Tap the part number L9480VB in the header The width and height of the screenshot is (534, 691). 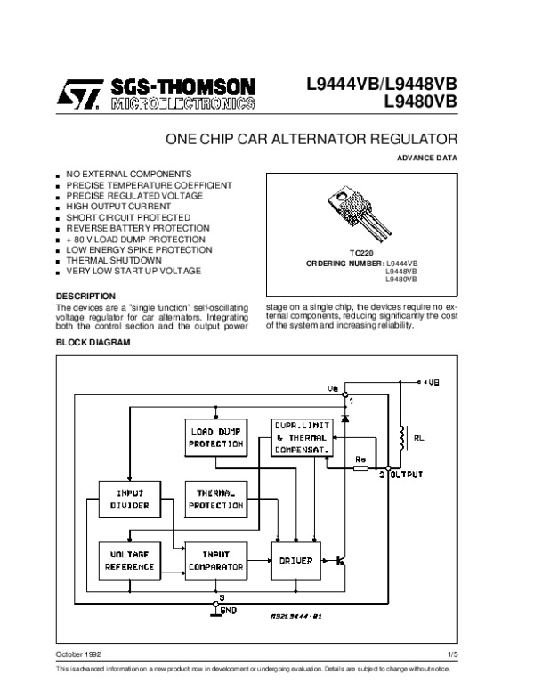(420, 101)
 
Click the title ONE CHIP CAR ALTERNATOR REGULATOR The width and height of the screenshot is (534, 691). (311, 140)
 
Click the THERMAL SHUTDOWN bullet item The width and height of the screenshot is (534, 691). (113, 260)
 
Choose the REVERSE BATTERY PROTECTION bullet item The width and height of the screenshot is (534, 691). (137, 229)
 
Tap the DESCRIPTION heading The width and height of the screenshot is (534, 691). (85, 296)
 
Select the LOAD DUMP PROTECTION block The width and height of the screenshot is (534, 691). (215, 437)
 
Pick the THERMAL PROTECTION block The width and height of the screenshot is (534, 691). (214, 499)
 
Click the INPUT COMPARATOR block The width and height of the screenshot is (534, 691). (214, 560)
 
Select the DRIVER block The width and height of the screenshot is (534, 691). (295, 560)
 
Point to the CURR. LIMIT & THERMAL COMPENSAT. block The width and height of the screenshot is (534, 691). (303, 437)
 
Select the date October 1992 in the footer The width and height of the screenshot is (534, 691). (78, 654)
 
